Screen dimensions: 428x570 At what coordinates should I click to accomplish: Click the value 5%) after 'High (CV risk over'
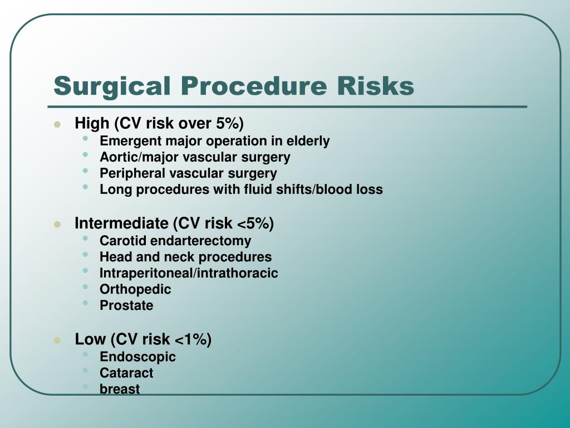(230, 123)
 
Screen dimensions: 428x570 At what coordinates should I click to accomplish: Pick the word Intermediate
(121, 223)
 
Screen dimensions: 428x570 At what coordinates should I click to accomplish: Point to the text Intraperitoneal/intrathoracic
(189, 273)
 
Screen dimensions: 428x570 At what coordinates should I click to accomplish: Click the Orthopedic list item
(135, 289)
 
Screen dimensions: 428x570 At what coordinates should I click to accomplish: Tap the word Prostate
(126, 305)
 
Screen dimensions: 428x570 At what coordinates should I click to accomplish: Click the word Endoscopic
(137, 357)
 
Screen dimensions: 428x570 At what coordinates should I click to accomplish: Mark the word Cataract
(126, 373)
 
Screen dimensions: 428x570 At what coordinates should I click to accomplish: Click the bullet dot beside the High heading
(57, 124)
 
